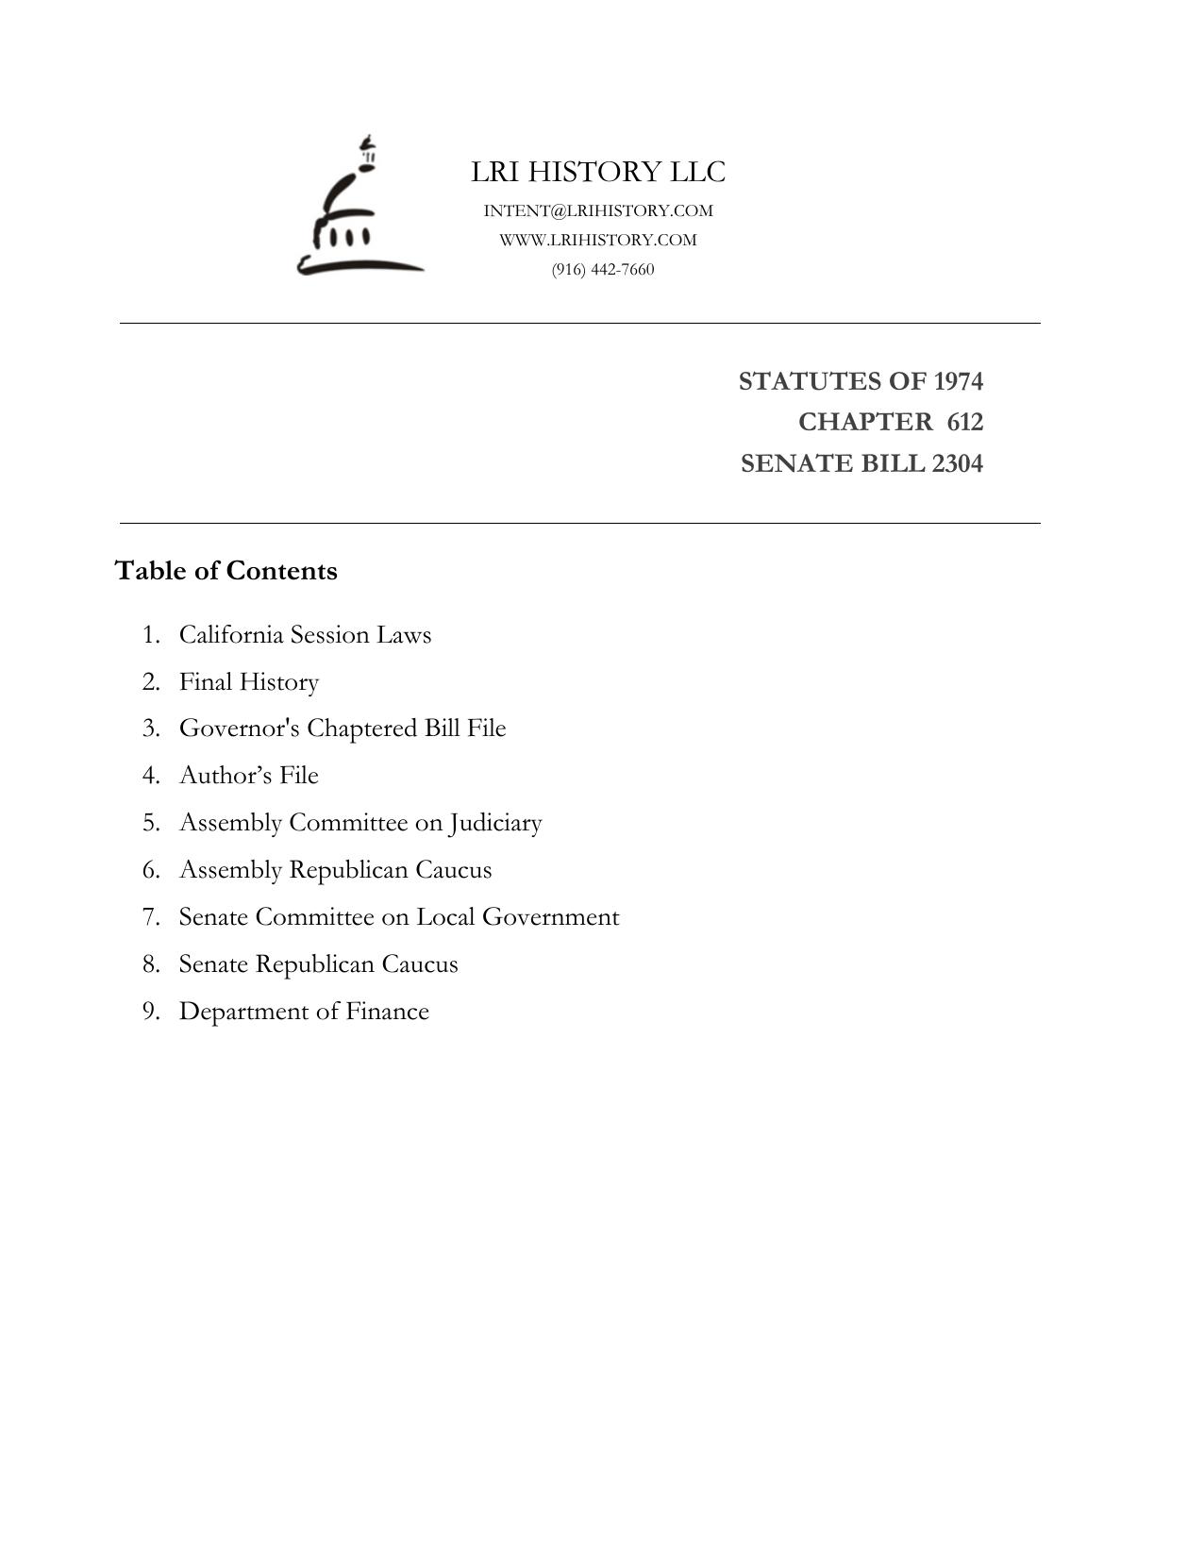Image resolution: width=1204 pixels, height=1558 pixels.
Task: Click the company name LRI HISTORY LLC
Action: click(x=598, y=172)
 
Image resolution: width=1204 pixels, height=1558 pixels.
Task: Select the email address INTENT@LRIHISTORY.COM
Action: click(x=598, y=210)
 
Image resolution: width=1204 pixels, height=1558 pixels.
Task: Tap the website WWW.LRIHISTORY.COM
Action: click(x=598, y=240)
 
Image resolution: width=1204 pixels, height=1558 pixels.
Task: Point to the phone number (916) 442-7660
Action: click(x=603, y=269)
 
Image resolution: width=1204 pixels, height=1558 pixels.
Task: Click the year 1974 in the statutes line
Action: click(x=958, y=381)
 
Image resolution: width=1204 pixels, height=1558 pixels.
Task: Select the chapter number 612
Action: click(x=964, y=422)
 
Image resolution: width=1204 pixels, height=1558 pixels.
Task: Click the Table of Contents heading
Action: click(x=226, y=571)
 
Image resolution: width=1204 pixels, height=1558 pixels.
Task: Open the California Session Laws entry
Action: click(x=305, y=634)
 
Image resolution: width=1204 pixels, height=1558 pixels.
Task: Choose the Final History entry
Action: click(x=249, y=681)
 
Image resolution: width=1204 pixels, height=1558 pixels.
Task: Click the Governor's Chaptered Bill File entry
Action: click(x=343, y=729)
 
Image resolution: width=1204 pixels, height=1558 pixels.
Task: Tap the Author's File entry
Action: click(x=249, y=775)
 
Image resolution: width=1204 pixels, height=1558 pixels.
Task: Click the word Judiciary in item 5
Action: click(x=495, y=823)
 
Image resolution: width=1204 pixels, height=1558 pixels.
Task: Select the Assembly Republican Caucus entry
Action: click(x=335, y=869)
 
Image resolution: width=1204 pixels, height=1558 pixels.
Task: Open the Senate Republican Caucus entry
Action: click(x=318, y=963)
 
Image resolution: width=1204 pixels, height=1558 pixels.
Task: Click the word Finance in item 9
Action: click(x=387, y=1011)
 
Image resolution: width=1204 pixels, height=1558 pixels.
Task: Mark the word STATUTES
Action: click(x=797, y=381)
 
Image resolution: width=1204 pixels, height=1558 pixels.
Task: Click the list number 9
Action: click(x=150, y=1011)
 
